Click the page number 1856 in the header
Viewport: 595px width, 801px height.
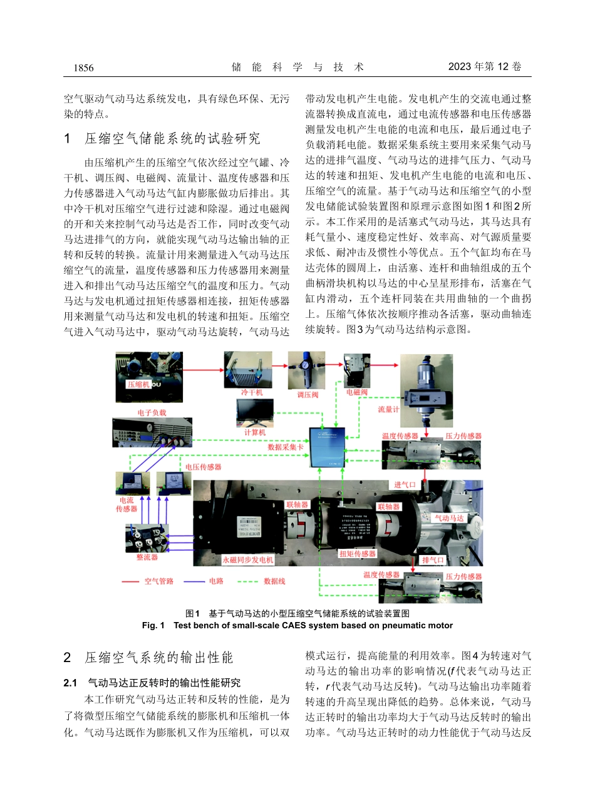click(x=83, y=68)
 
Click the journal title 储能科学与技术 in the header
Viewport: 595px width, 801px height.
click(x=297, y=68)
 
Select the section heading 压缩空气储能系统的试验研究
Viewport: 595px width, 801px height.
click(x=172, y=138)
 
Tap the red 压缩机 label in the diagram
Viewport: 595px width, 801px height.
click(x=139, y=384)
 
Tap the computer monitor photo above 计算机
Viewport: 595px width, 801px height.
click(x=255, y=413)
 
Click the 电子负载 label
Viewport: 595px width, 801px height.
click(x=152, y=413)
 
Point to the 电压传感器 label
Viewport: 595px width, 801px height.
click(x=203, y=466)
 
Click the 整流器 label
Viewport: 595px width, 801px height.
click(x=147, y=556)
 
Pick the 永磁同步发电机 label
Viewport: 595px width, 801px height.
click(x=248, y=560)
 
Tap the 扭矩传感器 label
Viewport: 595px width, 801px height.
click(x=358, y=554)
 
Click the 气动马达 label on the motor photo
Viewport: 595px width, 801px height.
click(x=450, y=518)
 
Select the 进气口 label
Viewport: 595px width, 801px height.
click(x=405, y=485)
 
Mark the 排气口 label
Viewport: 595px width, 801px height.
click(x=433, y=559)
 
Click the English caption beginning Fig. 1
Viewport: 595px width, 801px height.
click(x=297, y=625)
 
